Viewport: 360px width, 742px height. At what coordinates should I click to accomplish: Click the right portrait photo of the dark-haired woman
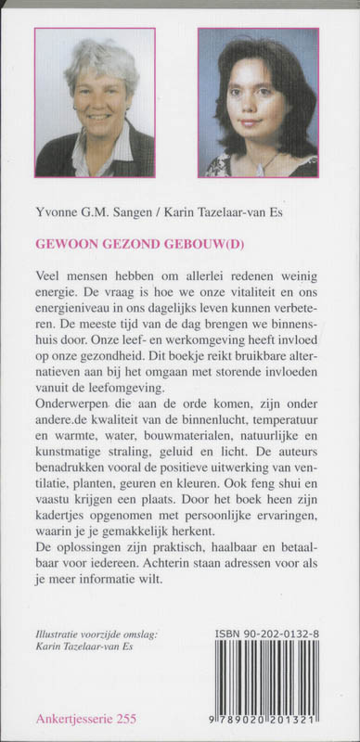[257, 102]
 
